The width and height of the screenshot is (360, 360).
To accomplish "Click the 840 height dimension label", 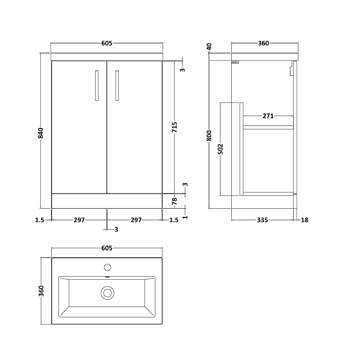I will coord(41,133).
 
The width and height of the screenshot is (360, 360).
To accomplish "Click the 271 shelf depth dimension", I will coord(268,116).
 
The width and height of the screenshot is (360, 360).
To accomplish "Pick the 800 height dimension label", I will coord(209,136).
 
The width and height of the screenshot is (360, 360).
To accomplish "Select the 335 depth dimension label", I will coord(262,220).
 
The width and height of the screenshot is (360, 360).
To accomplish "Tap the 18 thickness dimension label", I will coord(304,220).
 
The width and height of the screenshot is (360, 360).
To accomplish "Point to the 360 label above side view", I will coord(263,43).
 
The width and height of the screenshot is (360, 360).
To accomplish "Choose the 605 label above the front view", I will coord(107,43).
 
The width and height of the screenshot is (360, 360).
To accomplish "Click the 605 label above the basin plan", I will coord(107,248).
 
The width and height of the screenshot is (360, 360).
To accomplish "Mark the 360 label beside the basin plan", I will coord(41,291).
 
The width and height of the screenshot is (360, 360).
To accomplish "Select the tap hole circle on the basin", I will coord(107,267).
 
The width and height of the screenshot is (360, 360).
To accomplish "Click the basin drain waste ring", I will coord(107,292).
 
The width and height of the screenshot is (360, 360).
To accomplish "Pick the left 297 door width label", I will coord(79,220).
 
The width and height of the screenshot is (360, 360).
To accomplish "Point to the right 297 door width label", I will coord(136,220).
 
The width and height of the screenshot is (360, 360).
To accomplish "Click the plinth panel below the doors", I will coord(107,201).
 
